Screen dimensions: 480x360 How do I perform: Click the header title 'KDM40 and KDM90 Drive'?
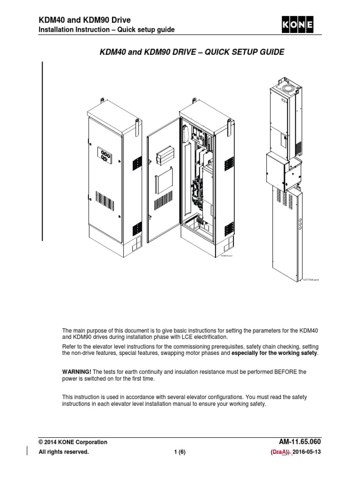84,20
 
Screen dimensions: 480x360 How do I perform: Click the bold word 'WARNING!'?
77,372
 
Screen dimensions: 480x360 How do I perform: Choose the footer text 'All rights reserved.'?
63,452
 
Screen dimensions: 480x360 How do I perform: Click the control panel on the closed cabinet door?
105,156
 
